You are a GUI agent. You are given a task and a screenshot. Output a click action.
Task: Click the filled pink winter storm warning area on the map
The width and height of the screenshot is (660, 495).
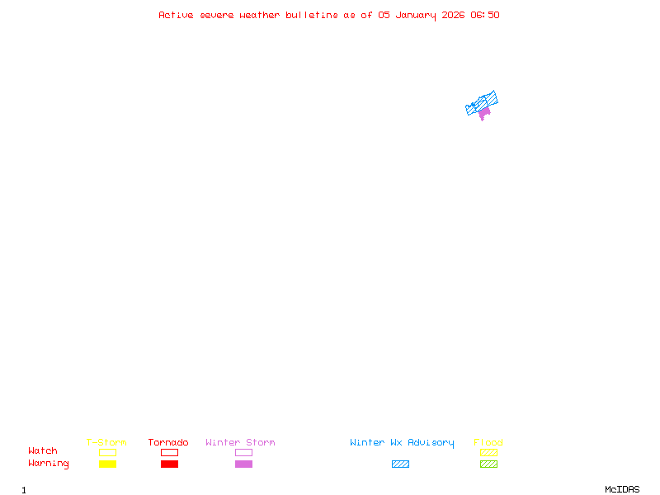484,112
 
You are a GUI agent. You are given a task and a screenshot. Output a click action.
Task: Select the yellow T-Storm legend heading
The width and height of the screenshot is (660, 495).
106,442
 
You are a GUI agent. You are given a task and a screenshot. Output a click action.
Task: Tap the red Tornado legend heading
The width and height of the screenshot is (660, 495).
168,442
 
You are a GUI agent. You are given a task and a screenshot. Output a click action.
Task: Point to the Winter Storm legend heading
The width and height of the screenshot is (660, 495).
240,442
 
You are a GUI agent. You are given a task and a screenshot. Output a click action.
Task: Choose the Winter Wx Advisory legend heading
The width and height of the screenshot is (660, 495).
402,442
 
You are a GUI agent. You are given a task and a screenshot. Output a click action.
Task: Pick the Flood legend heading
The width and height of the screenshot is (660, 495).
488,442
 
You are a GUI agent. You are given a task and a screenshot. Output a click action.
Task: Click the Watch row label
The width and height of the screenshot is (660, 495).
43,451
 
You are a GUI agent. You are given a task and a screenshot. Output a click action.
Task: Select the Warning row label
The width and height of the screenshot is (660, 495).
49,464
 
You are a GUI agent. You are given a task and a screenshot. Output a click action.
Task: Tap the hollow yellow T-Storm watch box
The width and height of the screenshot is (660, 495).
107,452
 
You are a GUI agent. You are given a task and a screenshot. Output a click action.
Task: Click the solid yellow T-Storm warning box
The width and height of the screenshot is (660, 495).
107,464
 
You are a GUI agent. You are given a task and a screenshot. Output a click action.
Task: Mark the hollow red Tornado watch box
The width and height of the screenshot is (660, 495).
169,452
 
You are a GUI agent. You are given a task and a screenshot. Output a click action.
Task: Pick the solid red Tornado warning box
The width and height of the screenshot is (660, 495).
169,464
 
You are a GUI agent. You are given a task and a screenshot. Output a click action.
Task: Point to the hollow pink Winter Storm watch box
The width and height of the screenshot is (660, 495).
243,452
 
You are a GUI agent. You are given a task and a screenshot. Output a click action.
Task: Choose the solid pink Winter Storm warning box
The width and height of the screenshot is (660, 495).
243,464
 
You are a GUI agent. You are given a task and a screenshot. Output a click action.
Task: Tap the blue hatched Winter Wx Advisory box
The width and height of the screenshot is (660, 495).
400,464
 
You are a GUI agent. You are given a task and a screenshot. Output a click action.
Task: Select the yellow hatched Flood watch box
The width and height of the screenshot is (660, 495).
488,452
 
